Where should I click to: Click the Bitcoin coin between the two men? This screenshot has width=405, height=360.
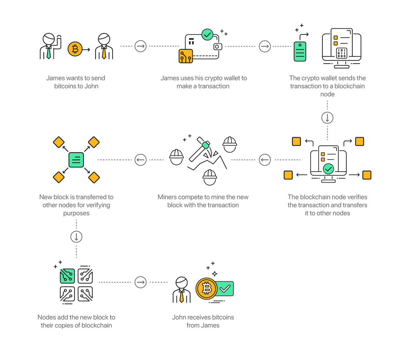pos(75,49)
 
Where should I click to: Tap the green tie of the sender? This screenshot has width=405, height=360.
pos(49,53)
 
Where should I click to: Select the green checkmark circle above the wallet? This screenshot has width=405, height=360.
pos(207,34)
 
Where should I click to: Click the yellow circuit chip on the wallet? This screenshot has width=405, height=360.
pos(185,57)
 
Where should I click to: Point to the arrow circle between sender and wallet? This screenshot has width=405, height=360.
pos(141,46)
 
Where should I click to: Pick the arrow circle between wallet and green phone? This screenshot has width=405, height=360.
pos(264,46)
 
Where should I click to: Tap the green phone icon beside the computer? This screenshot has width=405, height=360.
pos(300,51)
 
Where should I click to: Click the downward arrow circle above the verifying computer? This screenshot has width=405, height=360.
pos(327,118)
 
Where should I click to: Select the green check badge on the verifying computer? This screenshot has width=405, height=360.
pos(328,168)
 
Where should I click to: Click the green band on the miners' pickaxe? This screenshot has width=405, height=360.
pos(205,145)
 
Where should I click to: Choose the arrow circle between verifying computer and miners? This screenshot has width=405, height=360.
pos(264,160)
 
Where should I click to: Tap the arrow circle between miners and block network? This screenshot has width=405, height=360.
pos(141,160)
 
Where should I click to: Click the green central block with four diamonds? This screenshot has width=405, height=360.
pos(76,160)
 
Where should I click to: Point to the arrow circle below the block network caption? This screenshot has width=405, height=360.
pos(76,236)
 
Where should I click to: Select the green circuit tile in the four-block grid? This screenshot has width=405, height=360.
pos(67,275)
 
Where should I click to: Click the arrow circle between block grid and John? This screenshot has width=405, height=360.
pos(141,282)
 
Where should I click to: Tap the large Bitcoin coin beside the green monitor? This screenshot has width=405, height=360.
pos(207,289)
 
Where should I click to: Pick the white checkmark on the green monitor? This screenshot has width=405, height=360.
pos(225,288)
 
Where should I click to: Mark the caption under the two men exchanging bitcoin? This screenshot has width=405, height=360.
pos(76,82)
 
